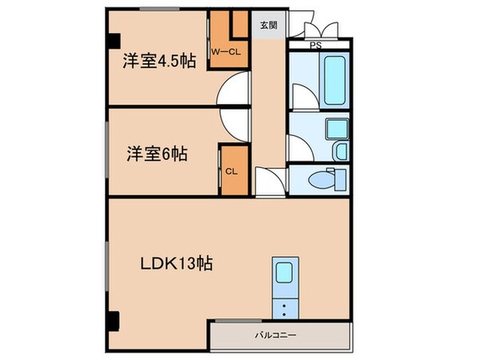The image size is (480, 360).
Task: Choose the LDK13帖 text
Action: (x=178, y=263)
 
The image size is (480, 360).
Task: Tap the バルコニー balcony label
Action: (x=276, y=334)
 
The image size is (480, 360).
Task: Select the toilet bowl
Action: (x=324, y=180)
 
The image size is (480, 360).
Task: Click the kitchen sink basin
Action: (x=284, y=273)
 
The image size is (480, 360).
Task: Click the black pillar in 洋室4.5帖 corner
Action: (x=114, y=38)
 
